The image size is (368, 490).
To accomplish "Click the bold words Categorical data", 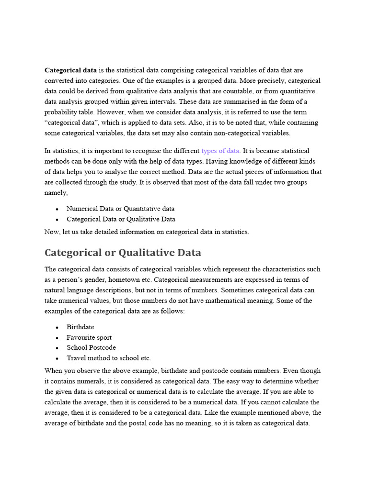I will [70, 70].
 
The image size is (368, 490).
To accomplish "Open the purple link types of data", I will [220, 151].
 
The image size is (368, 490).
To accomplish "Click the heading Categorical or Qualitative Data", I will [123, 252].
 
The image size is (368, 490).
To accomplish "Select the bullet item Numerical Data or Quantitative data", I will [120, 209].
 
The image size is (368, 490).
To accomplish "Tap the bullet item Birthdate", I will [80, 327].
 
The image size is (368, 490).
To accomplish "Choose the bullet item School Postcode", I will [91, 347].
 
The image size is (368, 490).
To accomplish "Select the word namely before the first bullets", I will [56, 193].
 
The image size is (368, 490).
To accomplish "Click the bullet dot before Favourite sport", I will [57, 338].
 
